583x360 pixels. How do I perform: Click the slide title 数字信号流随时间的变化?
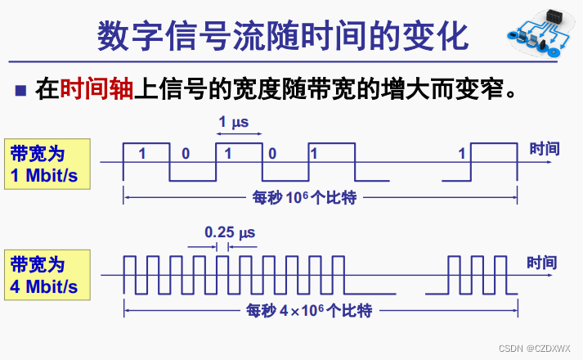click(x=283, y=37)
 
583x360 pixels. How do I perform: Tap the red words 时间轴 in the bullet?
click(x=96, y=88)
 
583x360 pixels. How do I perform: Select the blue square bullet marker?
click(x=21, y=89)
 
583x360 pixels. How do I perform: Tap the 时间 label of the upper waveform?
click(x=545, y=150)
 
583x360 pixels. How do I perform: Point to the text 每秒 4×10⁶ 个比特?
click(x=310, y=310)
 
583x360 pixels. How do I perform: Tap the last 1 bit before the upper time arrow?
click(x=462, y=153)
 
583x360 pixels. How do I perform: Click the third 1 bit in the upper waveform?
click(x=314, y=153)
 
